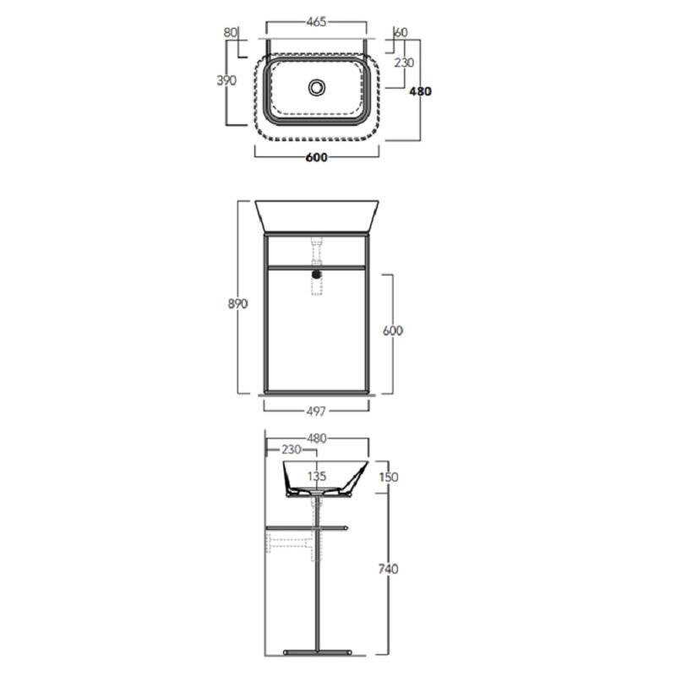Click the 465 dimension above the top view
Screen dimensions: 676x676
pyautogui.click(x=316, y=22)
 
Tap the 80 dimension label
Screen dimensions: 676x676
pyautogui.click(x=231, y=32)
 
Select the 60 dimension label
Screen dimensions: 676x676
pyautogui.click(x=401, y=32)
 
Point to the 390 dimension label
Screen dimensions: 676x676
pyautogui.click(x=226, y=80)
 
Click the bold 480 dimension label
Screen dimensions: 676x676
pyautogui.click(x=420, y=91)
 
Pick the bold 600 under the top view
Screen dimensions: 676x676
pyautogui.click(x=316, y=157)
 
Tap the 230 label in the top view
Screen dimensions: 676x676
pyautogui.click(x=404, y=63)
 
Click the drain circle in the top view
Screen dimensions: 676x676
pyautogui.click(x=317, y=88)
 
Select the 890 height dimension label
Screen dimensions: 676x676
pyautogui.click(x=237, y=304)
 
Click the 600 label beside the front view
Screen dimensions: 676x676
pyautogui.click(x=393, y=330)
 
